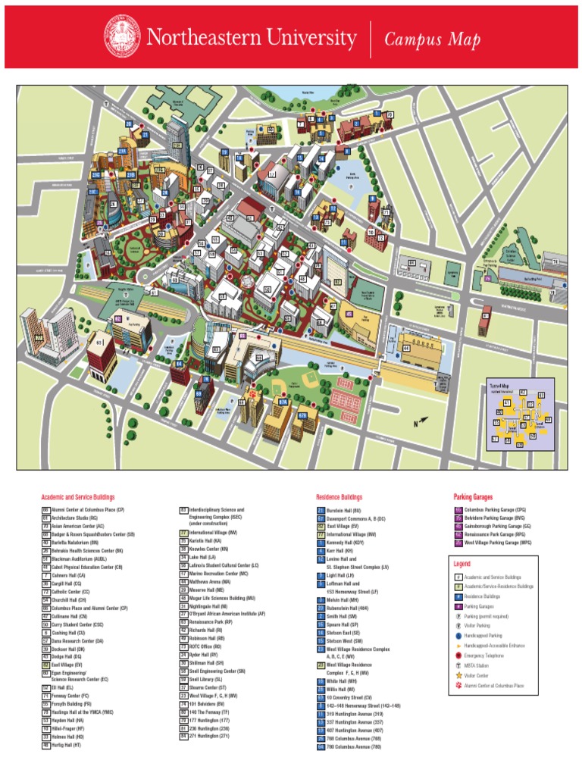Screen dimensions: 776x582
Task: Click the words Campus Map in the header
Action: coord(433,40)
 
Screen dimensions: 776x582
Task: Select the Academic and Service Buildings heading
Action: coord(77,497)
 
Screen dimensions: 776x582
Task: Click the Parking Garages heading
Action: coord(472,497)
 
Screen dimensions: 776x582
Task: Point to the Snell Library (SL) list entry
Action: coord(208,680)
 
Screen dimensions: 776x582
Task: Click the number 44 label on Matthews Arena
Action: coord(406,348)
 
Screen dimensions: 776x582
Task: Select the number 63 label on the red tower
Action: coord(99,343)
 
